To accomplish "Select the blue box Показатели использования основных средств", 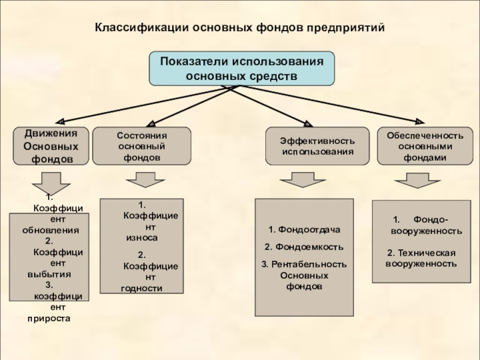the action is [x=242, y=68].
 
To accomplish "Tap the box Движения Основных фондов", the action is [x=51, y=146].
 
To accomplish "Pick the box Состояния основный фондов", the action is [x=142, y=146].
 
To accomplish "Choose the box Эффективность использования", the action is [x=317, y=146].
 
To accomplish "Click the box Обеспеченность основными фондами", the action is [x=425, y=146].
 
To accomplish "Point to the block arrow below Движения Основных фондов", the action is [x=51, y=182].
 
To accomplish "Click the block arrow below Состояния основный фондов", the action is [x=145, y=179].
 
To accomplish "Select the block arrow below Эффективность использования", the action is [x=303, y=179].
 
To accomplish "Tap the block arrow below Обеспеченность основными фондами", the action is [x=418, y=181].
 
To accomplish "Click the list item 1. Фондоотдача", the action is [x=304, y=230].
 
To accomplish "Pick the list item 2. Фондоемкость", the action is [x=304, y=247].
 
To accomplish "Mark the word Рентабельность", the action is [x=309, y=264].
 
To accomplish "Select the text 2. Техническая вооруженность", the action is [x=422, y=259].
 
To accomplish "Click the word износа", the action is [x=142, y=238].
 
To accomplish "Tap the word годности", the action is [x=142, y=289].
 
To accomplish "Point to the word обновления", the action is [x=50, y=230].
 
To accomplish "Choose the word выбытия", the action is [x=49, y=274].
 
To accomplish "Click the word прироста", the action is [x=49, y=319].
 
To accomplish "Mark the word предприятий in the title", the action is [x=346, y=28].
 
